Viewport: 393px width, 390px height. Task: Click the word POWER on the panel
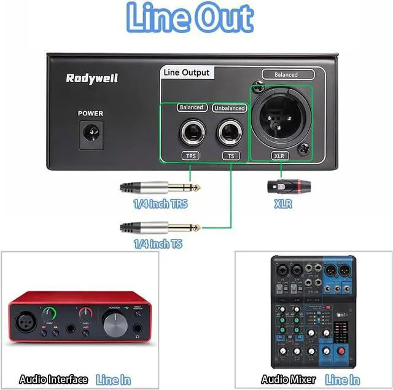pyautogui.click(x=90, y=114)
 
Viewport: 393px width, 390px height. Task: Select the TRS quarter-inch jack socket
pyautogui.click(x=190, y=132)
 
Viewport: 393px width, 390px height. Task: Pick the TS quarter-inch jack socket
pyautogui.click(x=229, y=132)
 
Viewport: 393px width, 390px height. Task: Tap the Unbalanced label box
pyautogui.click(x=229, y=108)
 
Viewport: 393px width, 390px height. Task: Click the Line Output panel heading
pyautogui.click(x=186, y=72)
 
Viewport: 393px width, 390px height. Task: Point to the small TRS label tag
pyautogui.click(x=190, y=156)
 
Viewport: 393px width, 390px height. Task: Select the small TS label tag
pyautogui.click(x=230, y=156)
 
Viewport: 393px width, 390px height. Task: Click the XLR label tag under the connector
pyautogui.click(x=279, y=156)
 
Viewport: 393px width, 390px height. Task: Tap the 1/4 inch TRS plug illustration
pyautogui.click(x=160, y=186)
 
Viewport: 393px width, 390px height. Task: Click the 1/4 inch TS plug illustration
pyautogui.click(x=160, y=227)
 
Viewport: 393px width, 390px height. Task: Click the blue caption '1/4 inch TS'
pyautogui.click(x=158, y=244)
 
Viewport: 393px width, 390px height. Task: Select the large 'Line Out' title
pyautogui.click(x=189, y=19)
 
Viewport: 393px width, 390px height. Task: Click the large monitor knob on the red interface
pyautogui.click(x=115, y=324)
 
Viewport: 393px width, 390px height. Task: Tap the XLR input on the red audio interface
pyautogui.click(x=27, y=323)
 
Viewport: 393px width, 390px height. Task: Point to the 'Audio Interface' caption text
pyautogui.click(x=53, y=380)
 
